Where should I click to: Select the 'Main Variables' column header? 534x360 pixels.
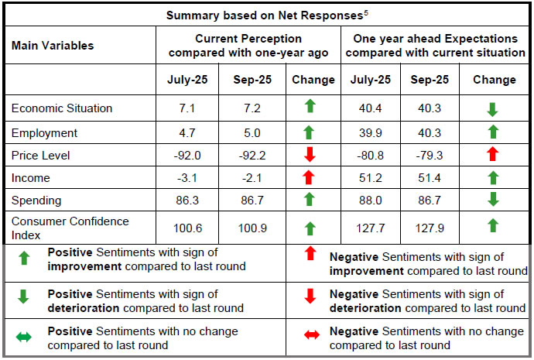[53, 46]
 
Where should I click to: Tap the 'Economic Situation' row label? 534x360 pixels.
[62, 108]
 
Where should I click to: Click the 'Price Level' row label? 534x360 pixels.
[41, 156]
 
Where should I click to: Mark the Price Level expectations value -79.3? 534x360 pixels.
[430, 156]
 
